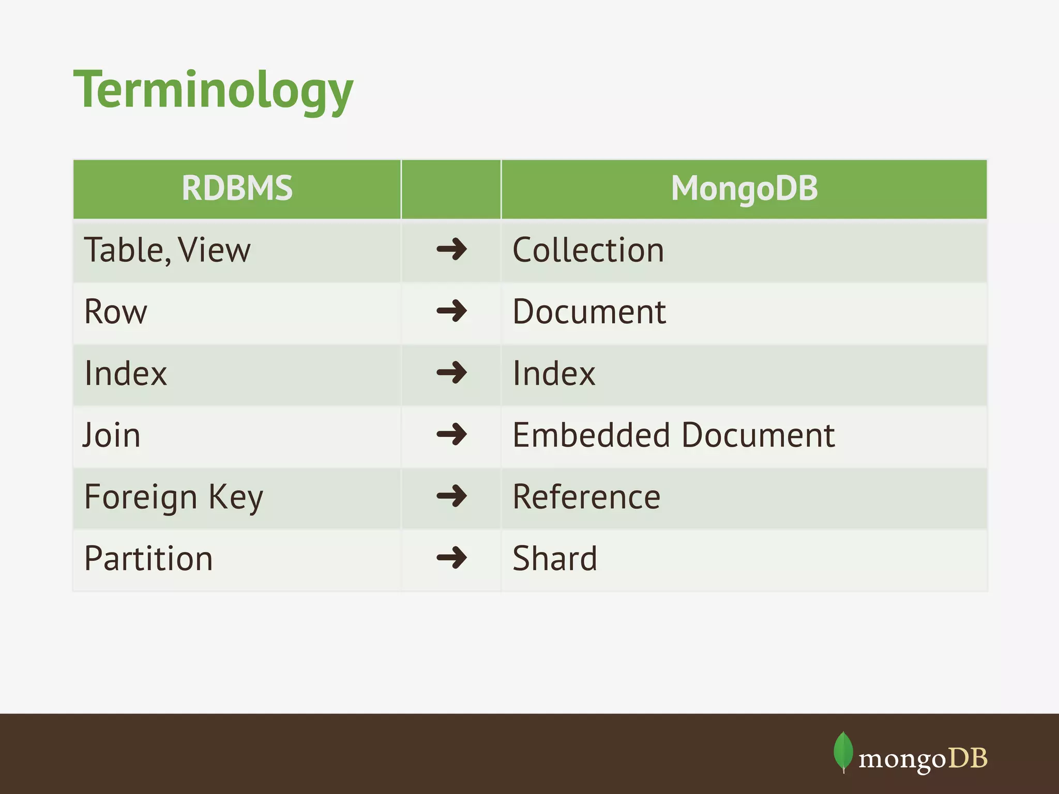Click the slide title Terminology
(x=213, y=91)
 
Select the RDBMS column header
(x=237, y=188)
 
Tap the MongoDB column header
(x=744, y=188)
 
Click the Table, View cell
(x=167, y=251)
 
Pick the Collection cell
(x=588, y=251)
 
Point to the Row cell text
(x=116, y=312)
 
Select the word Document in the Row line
(x=589, y=312)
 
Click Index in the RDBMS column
(x=126, y=374)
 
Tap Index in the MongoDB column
(x=554, y=374)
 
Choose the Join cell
(x=112, y=435)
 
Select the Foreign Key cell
(x=174, y=497)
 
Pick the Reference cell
(x=586, y=497)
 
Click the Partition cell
(x=148, y=559)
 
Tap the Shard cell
(x=555, y=559)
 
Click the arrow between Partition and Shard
(x=451, y=558)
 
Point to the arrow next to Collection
(x=451, y=249)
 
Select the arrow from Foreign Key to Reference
(x=451, y=496)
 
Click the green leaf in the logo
(x=843, y=751)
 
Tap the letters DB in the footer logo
(x=968, y=758)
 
